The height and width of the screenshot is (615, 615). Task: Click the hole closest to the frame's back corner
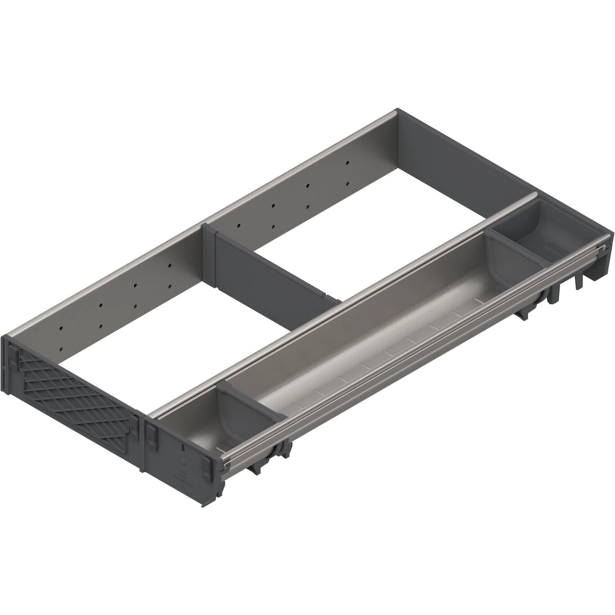click(348, 163)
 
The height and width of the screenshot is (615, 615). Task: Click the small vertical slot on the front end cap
click(183, 448)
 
